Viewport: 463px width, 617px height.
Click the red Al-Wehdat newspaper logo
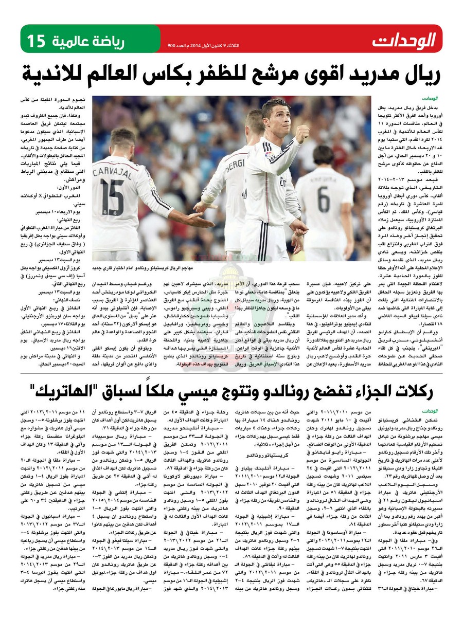[x=404, y=39]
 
